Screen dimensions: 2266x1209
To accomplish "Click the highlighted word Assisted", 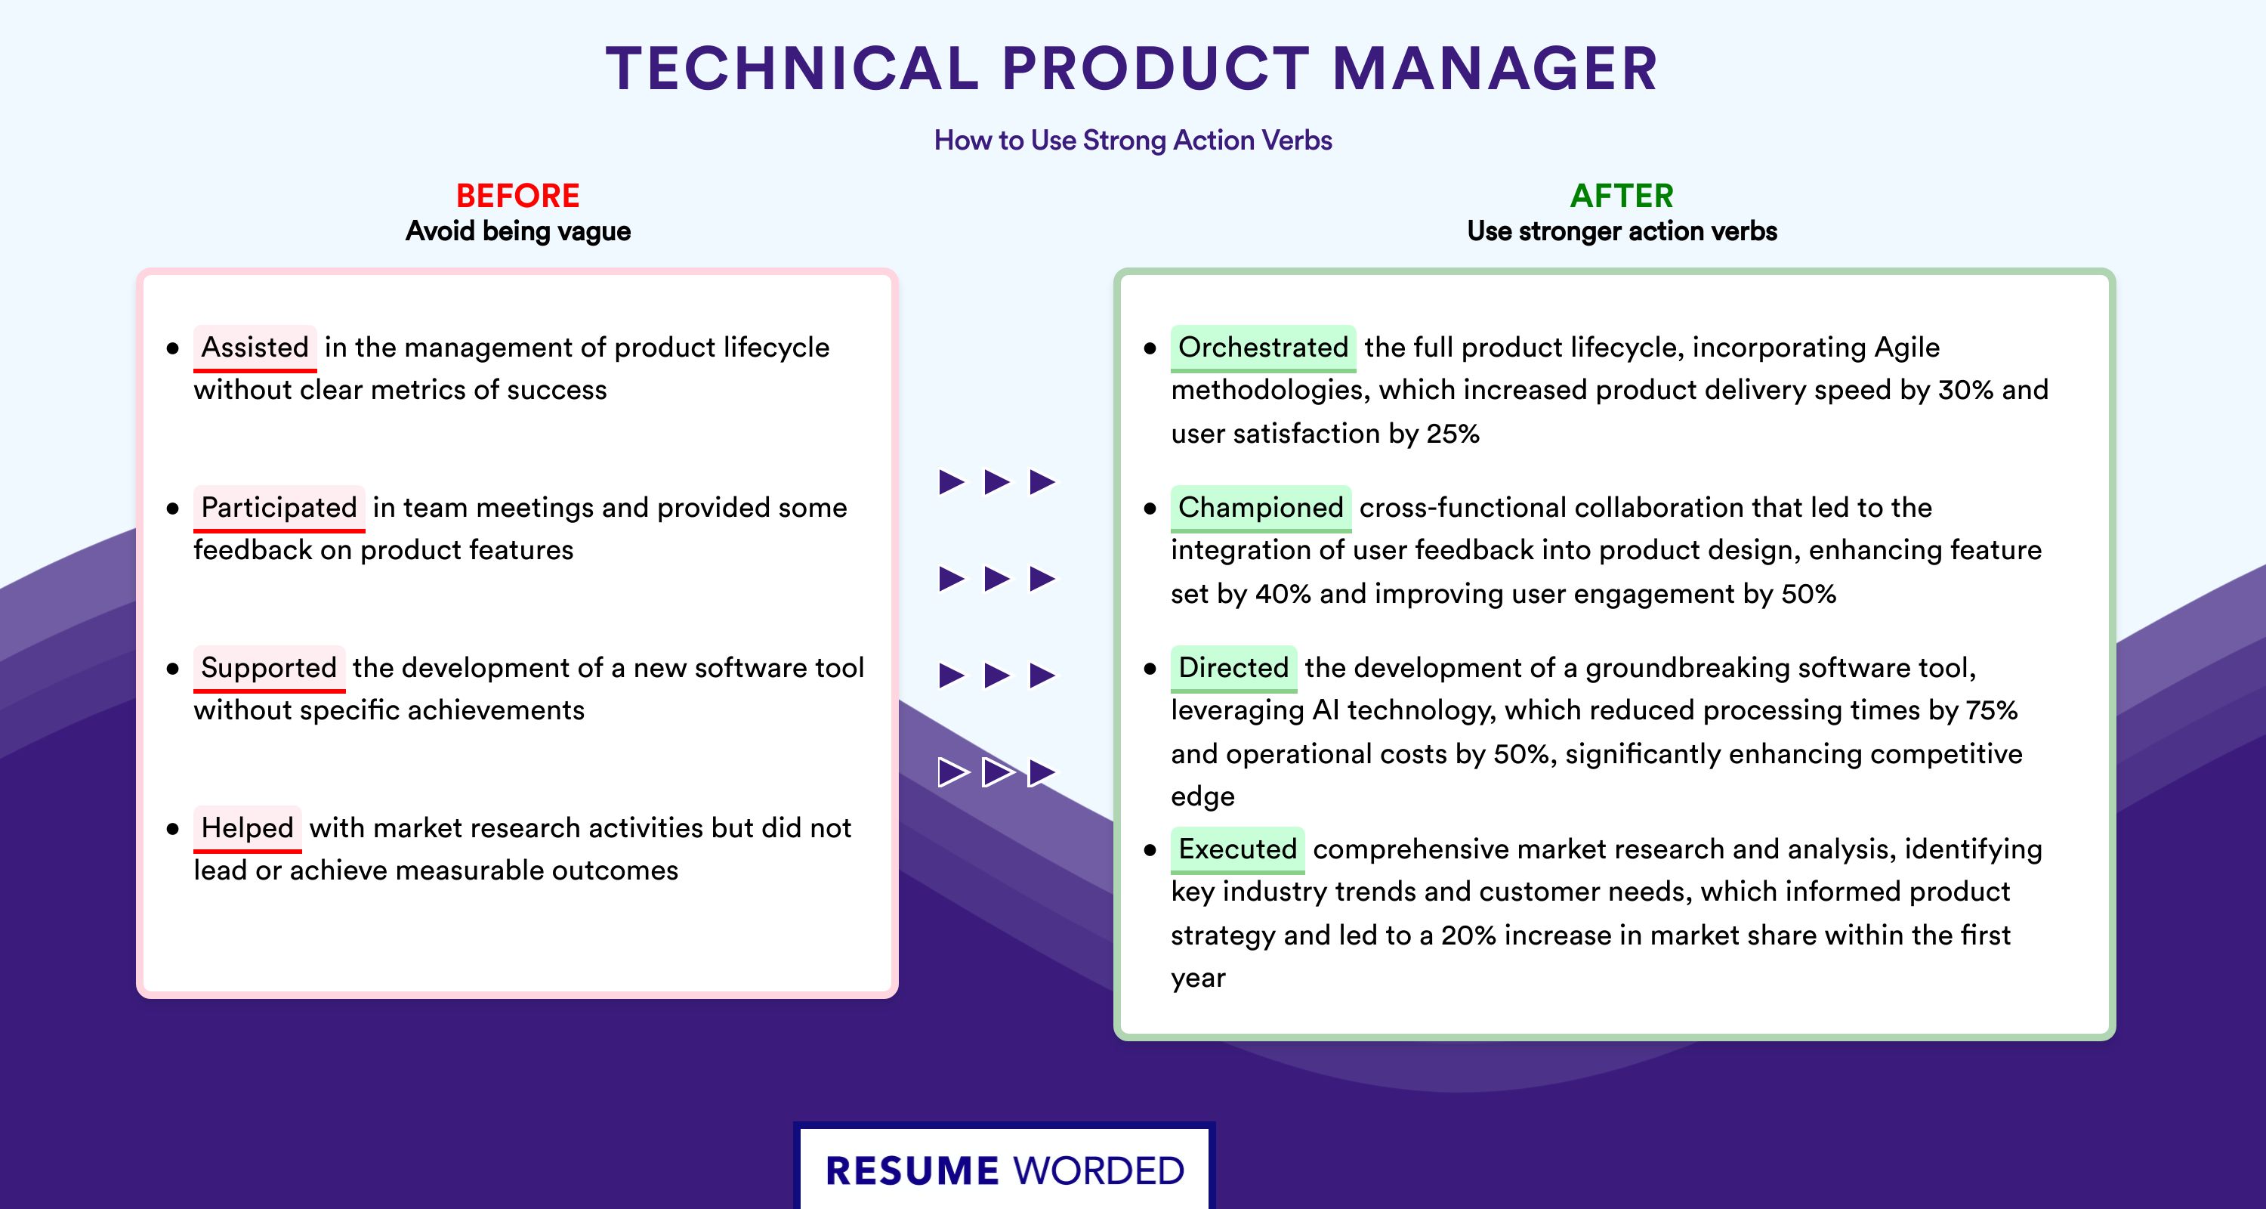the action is tap(255, 348).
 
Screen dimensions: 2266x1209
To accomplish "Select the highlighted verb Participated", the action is tap(279, 508).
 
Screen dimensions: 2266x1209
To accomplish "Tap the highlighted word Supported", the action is tap(269, 668).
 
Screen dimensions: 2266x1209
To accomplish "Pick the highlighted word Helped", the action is tap(247, 828).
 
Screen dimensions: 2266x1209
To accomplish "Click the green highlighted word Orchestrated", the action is tap(1263, 348).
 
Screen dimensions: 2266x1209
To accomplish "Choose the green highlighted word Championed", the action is tap(1261, 508).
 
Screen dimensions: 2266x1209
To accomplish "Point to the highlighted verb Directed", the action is tap(1233, 668).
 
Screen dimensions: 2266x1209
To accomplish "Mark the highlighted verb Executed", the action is tap(1238, 849).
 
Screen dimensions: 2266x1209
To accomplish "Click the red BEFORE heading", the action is tap(518, 196).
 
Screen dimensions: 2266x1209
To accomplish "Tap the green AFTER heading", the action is tap(1622, 196).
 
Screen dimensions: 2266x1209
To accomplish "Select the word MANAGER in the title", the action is tap(1496, 69).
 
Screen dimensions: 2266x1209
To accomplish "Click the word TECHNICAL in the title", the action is tap(792, 69).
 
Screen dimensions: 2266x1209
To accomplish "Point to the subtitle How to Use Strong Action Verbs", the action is tap(1133, 141).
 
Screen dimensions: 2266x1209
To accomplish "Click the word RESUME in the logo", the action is tap(912, 1171).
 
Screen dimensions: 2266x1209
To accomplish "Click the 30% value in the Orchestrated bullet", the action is tap(1965, 390).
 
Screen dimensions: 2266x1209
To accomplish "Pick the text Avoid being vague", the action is tap(518, 231).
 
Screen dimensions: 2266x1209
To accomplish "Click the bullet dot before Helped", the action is tap(172, 829).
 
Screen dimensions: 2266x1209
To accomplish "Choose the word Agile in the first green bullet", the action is tap(1906, 348).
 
